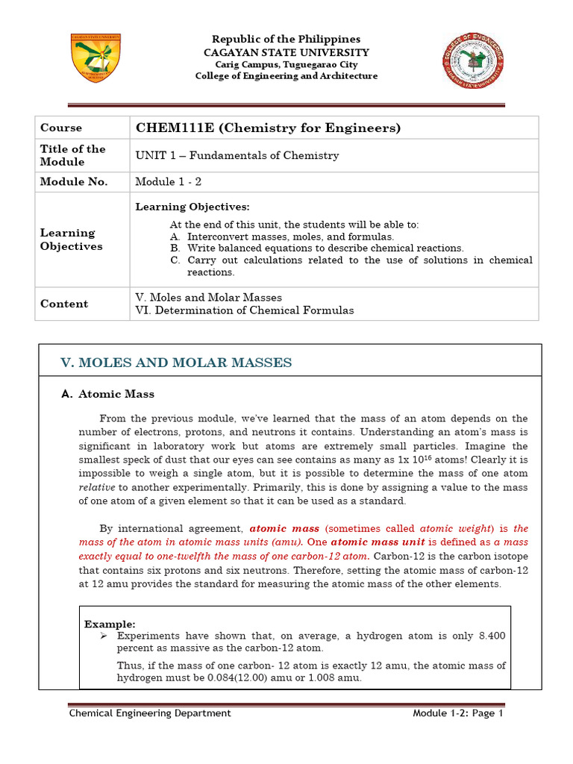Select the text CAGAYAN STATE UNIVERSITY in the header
click(x=286, y=52)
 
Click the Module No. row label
click(x=74, y=182)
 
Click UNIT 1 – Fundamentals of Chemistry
click(x=237, y=155)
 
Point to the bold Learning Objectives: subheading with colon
click(x=192, y=206)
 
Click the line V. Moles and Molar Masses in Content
click(x=208, y=297)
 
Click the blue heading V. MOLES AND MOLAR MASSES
click(x=176, y=363)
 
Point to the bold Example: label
click(x=110, y=623)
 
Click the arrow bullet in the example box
click(x=102, y=635)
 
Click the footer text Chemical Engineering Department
click(x=150, y=713)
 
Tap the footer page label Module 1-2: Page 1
click(x=458, y=713)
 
